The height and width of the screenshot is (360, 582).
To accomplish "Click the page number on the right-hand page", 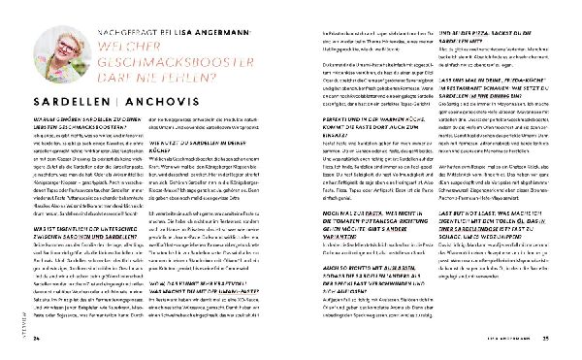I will (x=545, y=339).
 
